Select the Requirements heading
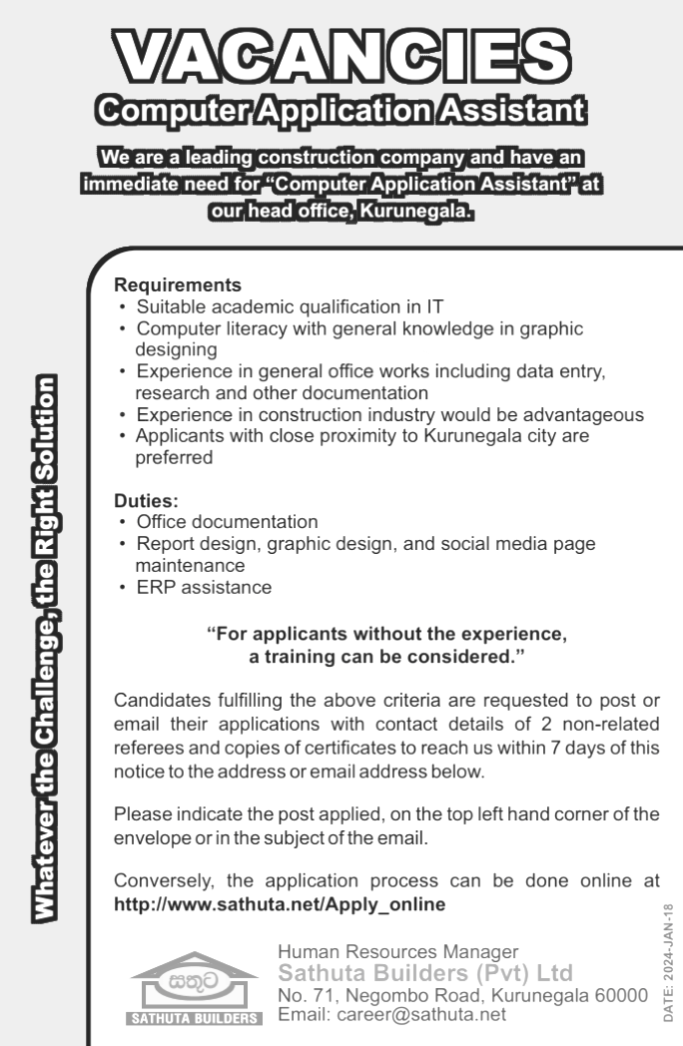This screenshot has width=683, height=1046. coord(178,284)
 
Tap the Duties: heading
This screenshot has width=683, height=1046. coord(146,503)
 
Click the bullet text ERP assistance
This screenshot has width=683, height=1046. coord(203,587)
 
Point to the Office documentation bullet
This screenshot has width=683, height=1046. coord(227,522)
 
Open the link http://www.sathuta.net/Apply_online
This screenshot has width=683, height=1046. coord(280,904)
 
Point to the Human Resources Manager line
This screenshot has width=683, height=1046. coord(398,951)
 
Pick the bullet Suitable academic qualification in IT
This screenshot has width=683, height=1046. coord(290,305)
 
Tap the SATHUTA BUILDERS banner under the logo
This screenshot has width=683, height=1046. coord(194,1019)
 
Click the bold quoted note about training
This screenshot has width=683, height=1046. coord(386,644)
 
